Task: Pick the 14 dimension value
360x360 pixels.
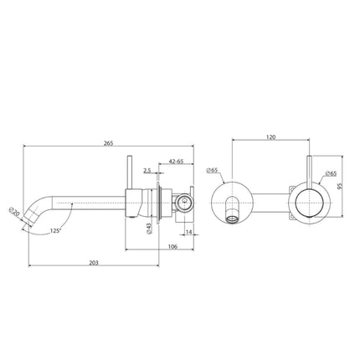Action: click(189, 231)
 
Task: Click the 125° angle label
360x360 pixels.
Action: click(55, 231)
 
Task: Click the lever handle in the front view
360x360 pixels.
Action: click(311, 172)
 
